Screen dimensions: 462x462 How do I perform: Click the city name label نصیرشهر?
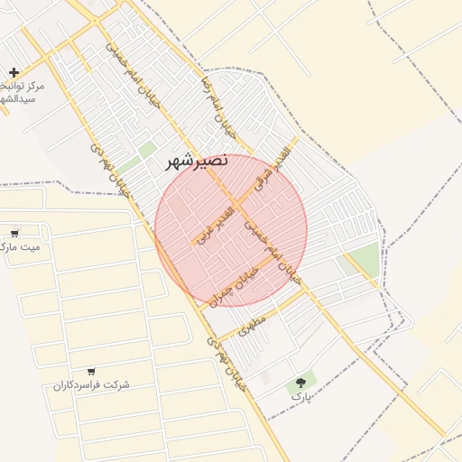[x=198, y=163]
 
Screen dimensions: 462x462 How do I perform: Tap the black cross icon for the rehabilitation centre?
[x=14, y=72]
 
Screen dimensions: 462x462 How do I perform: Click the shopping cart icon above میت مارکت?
[x=15, y=232]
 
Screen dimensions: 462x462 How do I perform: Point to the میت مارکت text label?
[x=20, y=246]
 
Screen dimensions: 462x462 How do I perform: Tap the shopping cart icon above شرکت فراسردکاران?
[x=91, y=371]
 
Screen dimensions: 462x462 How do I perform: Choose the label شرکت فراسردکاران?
[x=91, y=385]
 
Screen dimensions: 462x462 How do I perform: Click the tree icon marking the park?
[x=300, y=383]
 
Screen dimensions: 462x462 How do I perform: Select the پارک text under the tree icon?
[x=300, y=396]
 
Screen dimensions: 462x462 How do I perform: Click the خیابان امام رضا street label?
[x=218, y=105]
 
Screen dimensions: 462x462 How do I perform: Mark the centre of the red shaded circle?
[x=231, y=230]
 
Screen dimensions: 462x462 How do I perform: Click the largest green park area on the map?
[x=365, y=260]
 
